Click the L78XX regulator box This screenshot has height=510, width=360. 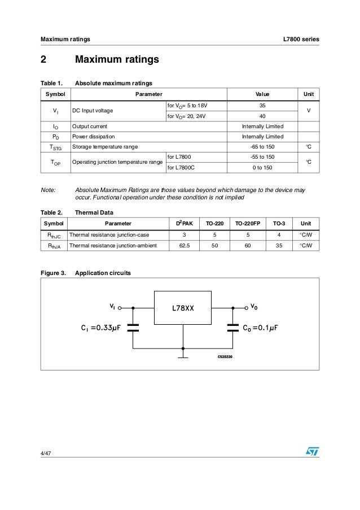click(183, 308)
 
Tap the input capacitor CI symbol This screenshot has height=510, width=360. click(133, 328)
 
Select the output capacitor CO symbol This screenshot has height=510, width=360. click(232, 328)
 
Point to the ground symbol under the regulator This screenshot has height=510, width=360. click(183, 356)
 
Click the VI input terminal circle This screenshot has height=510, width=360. click(120, 308)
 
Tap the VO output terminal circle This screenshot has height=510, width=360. click(246, 308)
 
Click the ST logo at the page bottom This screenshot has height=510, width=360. click(312, 452)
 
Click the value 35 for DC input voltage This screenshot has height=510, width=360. click(262, 105)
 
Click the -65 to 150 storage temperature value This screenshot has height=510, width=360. click(262, 147)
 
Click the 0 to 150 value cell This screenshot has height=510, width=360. click(262, 167)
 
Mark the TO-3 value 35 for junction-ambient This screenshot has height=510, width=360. click(275, 246)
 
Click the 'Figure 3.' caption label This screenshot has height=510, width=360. click(52, 273)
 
